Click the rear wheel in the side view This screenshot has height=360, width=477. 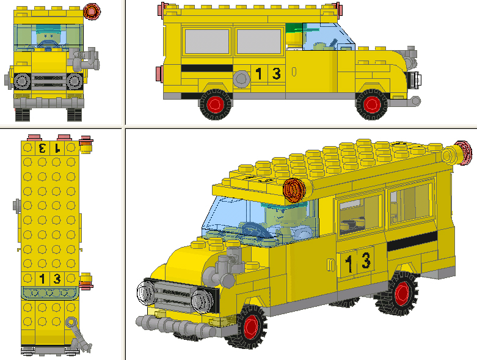tap(216, 105)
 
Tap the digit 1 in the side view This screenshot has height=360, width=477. tap(259, 74)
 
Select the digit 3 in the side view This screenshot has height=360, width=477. tap(276, 74)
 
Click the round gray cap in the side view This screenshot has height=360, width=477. tap(241, 78)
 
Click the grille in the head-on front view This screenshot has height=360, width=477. tap(48, 81)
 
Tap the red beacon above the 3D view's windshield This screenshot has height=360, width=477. tap(295, 189)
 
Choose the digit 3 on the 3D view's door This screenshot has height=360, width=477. tap(365, 261)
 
